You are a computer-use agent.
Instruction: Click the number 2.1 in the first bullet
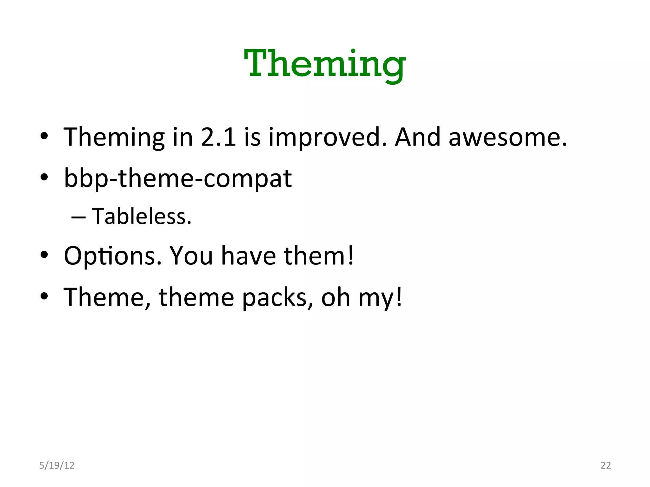coord(218,137)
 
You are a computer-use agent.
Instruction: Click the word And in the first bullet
coord(417,137)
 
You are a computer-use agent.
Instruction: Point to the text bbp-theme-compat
coord(178,179)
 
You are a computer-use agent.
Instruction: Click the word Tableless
coord(142,217)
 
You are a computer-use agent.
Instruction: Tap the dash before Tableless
coord(78,218)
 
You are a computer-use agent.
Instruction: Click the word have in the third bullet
coord(249,256)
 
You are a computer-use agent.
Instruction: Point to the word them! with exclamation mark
coord(318,256)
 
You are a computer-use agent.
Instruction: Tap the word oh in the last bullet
coord(336,297)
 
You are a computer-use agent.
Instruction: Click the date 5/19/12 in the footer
coord(56,465)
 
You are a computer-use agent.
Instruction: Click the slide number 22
coord(606,465)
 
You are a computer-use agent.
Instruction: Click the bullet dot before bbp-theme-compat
coord(44,177)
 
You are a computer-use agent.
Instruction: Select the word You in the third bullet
coord(191,256)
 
